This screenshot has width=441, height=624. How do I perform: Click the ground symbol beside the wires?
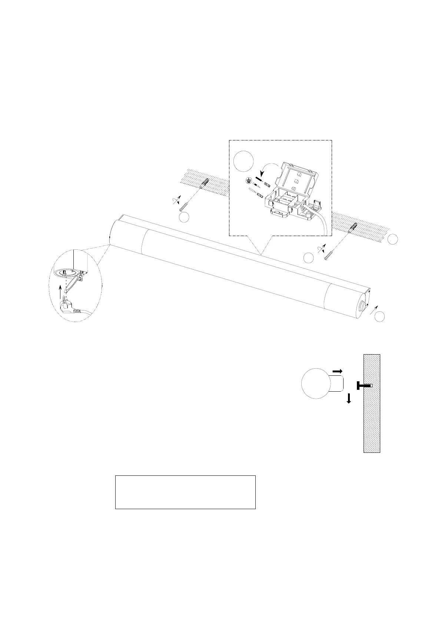(249, 180)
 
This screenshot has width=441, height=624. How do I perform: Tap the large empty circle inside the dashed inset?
(244, 161)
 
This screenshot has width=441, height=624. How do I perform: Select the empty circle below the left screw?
(185, 218)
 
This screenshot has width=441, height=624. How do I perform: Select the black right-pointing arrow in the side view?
(338, 371)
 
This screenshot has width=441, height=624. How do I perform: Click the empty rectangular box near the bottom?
(185, 492)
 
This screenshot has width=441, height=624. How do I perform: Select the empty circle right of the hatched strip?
(393, 239)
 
